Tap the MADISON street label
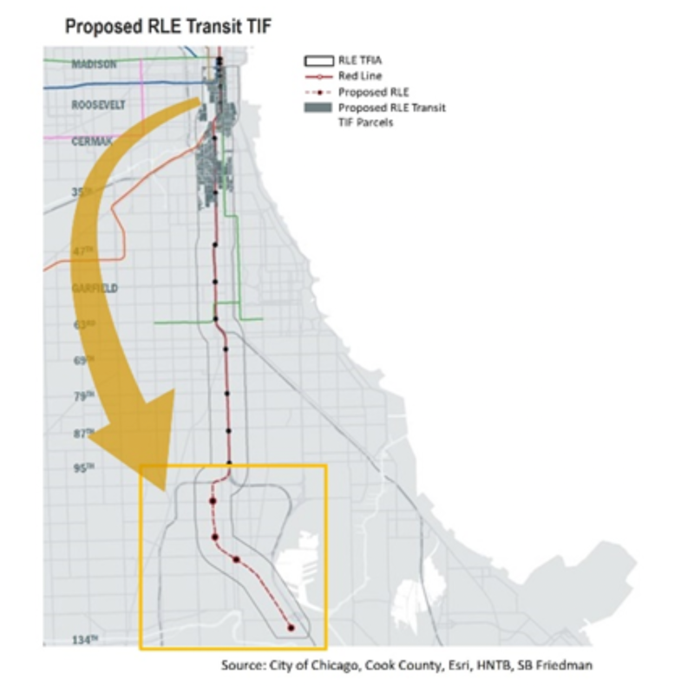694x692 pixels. (95, 65)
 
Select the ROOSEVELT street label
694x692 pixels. (99, 104)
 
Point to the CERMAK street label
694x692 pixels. (90, 141)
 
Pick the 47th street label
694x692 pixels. (82, 250)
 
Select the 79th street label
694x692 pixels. (82, 396)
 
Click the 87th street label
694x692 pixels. (82, 433)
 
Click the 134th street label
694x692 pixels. (85, 640)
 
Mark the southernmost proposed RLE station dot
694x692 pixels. (291, 627)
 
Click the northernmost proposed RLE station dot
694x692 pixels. (212, 500)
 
